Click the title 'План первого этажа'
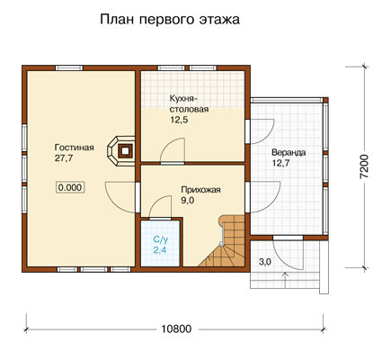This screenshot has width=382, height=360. (x=170, y=20)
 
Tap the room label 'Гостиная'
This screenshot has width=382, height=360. (x=75, y=148)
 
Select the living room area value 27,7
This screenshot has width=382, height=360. (x=64, y=158)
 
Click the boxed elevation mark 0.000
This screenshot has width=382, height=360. (x=70, y=187)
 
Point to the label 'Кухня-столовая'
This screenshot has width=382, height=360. (x=189, y=103)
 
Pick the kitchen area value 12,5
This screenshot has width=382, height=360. (x=179, y=120)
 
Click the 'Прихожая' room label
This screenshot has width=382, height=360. (x=200, y=190)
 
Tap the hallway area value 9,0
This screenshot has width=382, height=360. (x=188, y=201)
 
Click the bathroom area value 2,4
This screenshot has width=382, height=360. (x=160, y=250)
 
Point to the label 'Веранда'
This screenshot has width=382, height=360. (x=289, y=153)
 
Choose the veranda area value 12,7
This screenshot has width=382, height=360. (x=281, y=164)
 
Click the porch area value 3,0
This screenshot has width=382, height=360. (x=265, y=262)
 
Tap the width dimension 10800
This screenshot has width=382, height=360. (x=176, y=329)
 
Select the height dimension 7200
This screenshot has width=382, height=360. (x=364, y=166)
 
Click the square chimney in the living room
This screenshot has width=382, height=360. (x=125, y=150)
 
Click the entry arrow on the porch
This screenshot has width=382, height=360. (x=285, y=280)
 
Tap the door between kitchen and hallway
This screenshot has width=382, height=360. (x=173, y=151)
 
